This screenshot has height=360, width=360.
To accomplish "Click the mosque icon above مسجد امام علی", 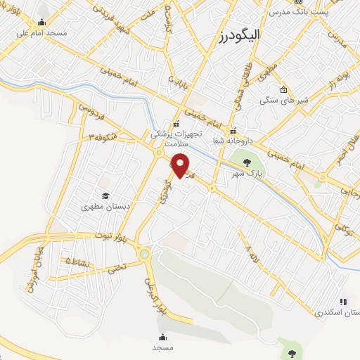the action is [41, 22].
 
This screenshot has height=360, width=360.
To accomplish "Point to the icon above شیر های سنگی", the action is [283, 89].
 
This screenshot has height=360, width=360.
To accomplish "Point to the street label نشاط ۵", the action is [77, 261].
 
